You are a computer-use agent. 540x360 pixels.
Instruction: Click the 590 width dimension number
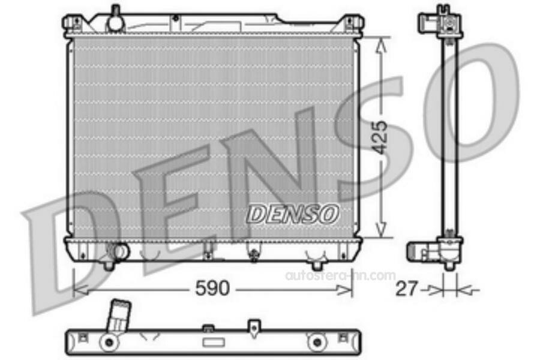[213, 289]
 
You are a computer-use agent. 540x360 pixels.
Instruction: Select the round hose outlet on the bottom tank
[120, 250]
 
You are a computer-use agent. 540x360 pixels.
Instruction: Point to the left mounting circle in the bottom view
[109, 343]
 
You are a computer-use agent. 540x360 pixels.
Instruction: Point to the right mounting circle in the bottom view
[314, 343]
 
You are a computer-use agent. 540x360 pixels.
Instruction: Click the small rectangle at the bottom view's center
[212, 342]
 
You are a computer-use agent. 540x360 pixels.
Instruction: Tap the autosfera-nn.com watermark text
[340, 275]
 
